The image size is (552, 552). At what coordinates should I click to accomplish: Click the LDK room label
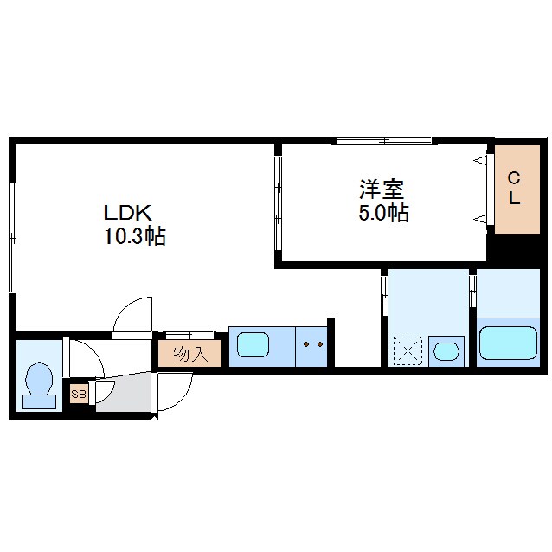tap(127, 213)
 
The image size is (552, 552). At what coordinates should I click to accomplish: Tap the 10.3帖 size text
tap(135, 236)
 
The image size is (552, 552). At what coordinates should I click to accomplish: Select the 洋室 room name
tap(382, 189)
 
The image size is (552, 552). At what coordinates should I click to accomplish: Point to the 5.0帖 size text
tap(384, 213)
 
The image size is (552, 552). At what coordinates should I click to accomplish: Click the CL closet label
tap(515, 189)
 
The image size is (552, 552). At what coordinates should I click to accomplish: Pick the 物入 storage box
tap(190, 353)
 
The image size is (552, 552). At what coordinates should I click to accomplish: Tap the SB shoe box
tap(79, 394)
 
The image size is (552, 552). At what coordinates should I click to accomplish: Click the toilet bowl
tap(40, 378)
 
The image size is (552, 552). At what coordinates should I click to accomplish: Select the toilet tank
tap(40, 401)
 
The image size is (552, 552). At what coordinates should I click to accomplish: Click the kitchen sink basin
tap(254, 345)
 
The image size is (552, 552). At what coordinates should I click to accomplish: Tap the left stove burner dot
tap(306, 344)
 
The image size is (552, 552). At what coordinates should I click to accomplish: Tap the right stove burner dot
tap(320, 344)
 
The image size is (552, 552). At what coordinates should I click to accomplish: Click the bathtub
tap(509, 343)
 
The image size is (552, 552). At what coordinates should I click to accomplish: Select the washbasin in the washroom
tap(446, 351)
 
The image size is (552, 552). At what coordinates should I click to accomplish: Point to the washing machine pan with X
tap(408, 350)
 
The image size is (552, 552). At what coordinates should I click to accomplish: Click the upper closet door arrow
tap(480, 161)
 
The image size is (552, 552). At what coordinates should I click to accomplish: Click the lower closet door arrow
tap(480, 219)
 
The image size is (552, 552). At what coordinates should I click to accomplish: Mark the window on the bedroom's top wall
tap(384, 141)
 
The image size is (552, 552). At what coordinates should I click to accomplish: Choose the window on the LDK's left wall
tap(13, 238)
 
